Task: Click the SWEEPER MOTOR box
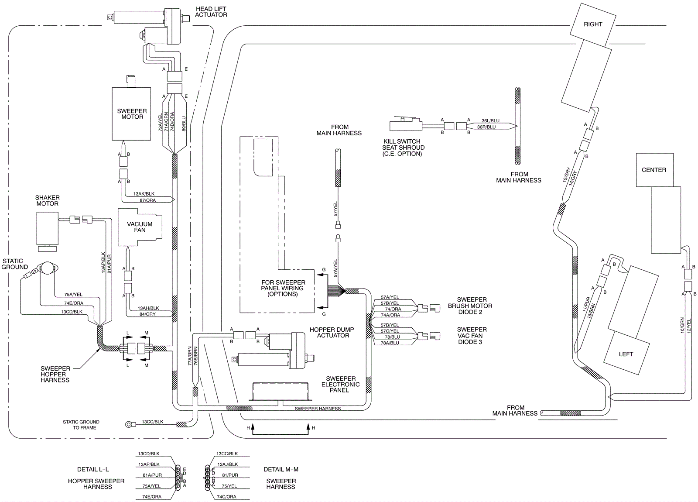click(132, 114)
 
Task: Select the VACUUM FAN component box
click(140, 227)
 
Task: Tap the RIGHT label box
click(593, 24)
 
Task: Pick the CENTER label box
click(654, 170)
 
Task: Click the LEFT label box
click(626, 354)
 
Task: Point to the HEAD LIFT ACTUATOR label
click(211, 12)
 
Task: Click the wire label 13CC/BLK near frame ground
click(153, 422)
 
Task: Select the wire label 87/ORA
click(148, 200)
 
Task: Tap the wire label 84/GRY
click(147, 314)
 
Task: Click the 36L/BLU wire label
click(490, 120)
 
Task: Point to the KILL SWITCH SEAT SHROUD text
click(402, 148)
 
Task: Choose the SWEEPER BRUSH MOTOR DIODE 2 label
click(470, 306)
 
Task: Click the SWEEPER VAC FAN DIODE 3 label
click(471, 336)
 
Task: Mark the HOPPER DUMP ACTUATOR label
click(332, 333)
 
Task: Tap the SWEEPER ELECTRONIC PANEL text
click(340, 384)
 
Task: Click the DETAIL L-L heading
click(93, 469)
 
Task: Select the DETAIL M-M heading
click(281, 469)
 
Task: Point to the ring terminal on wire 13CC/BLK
click(130, 423)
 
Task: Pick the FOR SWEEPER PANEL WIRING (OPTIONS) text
click(283, 288)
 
